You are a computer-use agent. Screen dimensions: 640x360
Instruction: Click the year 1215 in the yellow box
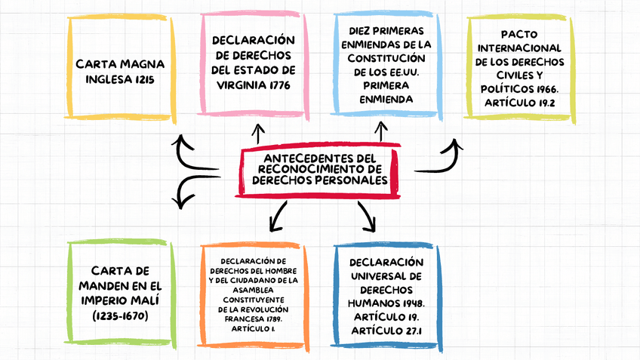click(x=145, y=78)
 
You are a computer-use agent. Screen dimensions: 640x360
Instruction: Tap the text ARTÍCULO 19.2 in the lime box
click(x=520, y=103)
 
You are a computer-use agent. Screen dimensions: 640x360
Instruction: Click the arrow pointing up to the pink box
click(x=258, y=134)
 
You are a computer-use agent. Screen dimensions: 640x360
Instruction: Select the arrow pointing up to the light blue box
click(x=381, y=134)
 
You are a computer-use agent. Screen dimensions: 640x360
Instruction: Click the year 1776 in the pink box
click(x=277, y=85)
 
